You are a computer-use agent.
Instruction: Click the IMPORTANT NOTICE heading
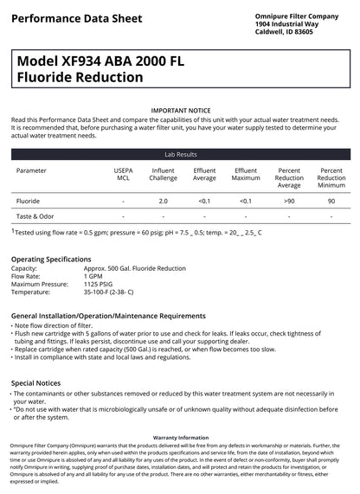(180, 111)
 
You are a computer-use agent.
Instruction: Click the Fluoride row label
(28, 200)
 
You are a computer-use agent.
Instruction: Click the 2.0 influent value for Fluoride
(163, 200)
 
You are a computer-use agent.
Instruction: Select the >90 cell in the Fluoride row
(289, 200)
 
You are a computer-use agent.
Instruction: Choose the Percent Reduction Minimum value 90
(331, 200)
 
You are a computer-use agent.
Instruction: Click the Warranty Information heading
(180, 438)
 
